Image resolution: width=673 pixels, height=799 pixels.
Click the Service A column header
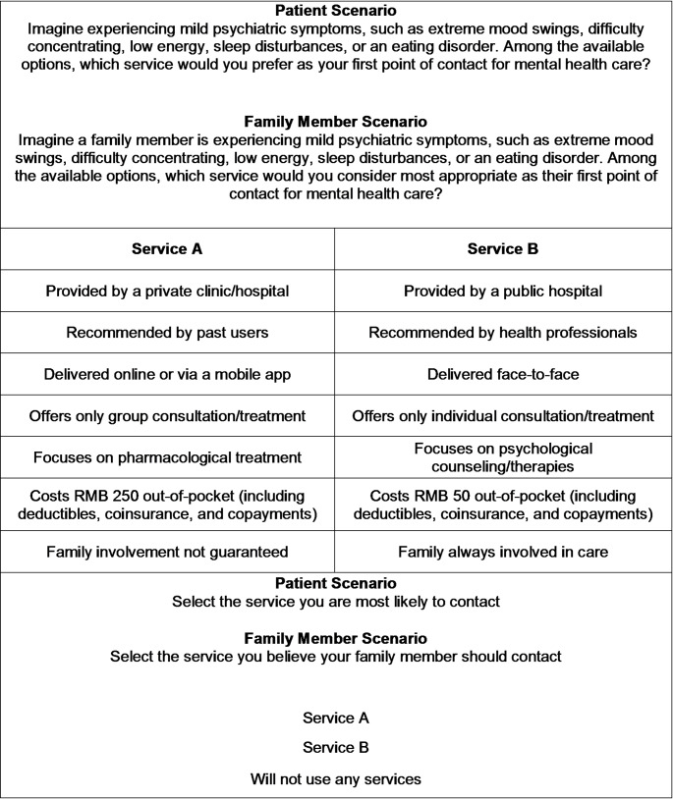167,248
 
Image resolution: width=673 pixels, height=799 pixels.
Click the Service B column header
502,248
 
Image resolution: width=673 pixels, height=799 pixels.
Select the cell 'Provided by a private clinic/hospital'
167,291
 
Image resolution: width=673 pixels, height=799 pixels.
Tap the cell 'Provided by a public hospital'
502,291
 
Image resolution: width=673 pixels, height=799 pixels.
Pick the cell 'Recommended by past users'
167,333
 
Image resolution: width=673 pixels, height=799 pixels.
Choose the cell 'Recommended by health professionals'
502,333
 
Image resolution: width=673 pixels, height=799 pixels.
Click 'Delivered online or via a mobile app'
167,374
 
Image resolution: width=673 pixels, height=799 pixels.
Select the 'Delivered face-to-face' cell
502,374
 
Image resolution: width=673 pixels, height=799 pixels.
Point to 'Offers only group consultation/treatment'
167,416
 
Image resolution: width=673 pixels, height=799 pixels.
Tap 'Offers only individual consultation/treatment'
502,416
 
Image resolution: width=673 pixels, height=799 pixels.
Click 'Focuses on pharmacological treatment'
167,457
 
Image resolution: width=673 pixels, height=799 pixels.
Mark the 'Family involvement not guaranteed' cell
167,552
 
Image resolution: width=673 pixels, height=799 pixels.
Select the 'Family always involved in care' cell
502,552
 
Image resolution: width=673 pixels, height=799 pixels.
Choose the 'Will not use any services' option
336,779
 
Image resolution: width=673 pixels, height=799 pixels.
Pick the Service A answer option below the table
336,718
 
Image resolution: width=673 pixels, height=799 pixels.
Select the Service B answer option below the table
336,748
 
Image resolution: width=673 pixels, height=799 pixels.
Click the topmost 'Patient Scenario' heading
336,10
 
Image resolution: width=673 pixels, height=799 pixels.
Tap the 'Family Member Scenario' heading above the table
336,123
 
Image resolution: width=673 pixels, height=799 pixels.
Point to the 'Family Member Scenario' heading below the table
336,638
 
